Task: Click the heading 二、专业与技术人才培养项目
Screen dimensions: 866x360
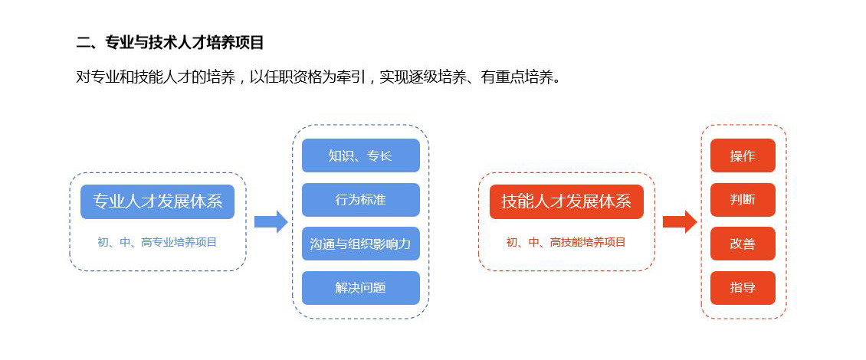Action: point(170,43)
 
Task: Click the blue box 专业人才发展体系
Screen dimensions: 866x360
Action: point(157,201)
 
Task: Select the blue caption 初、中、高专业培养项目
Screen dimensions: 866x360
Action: point(157,242)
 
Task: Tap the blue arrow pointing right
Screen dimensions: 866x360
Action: point(271,222)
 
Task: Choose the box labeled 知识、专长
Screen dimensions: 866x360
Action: point(361,155)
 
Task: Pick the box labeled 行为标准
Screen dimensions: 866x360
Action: point(361,200)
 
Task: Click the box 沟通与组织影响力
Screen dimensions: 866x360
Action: point(361,244)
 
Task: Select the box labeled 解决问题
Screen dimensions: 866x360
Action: point(361,288)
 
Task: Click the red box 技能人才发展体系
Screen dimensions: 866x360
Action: point(566,201)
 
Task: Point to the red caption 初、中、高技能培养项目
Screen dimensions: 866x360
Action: point(566,242)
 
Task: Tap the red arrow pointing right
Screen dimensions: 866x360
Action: point(680,222)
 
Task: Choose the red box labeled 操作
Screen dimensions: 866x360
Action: point(743,155)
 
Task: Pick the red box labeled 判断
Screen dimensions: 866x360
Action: point(743,200)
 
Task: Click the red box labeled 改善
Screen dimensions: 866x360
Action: point(743,244)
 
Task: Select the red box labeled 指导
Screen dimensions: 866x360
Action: point(743,288)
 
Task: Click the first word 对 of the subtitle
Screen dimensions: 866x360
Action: point(83,77)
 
